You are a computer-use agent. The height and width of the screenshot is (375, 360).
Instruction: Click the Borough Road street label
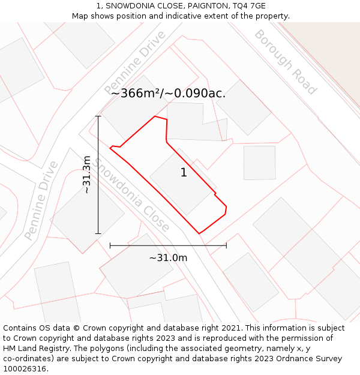[x=285, y=62]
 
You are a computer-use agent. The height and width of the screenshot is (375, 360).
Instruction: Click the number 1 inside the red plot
[x=184, y=173]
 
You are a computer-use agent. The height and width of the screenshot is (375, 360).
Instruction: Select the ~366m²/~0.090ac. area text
[x=169, y=93]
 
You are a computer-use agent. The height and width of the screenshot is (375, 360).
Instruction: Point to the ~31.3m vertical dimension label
[x=86, y=175]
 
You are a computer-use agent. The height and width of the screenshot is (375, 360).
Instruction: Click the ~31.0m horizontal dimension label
[x=168, y=257]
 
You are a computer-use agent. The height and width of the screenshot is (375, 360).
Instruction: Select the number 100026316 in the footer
[x=25, y=369]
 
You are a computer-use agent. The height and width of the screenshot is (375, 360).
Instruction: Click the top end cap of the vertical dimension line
[x=98, y=116]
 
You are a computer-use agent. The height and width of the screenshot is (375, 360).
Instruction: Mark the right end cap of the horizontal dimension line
[x=226, y=245]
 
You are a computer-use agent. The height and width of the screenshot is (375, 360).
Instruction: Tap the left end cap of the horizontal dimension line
[x=110, y=245]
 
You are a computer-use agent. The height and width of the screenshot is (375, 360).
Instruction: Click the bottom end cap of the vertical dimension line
[x=98, y=233]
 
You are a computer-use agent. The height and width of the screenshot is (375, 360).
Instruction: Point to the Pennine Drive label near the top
[x=135, y=62]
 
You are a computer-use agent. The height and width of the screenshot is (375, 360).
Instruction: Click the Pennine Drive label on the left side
[x=42, y=200]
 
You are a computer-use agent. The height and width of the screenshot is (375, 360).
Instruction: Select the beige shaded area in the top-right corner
[x=336, y=54]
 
